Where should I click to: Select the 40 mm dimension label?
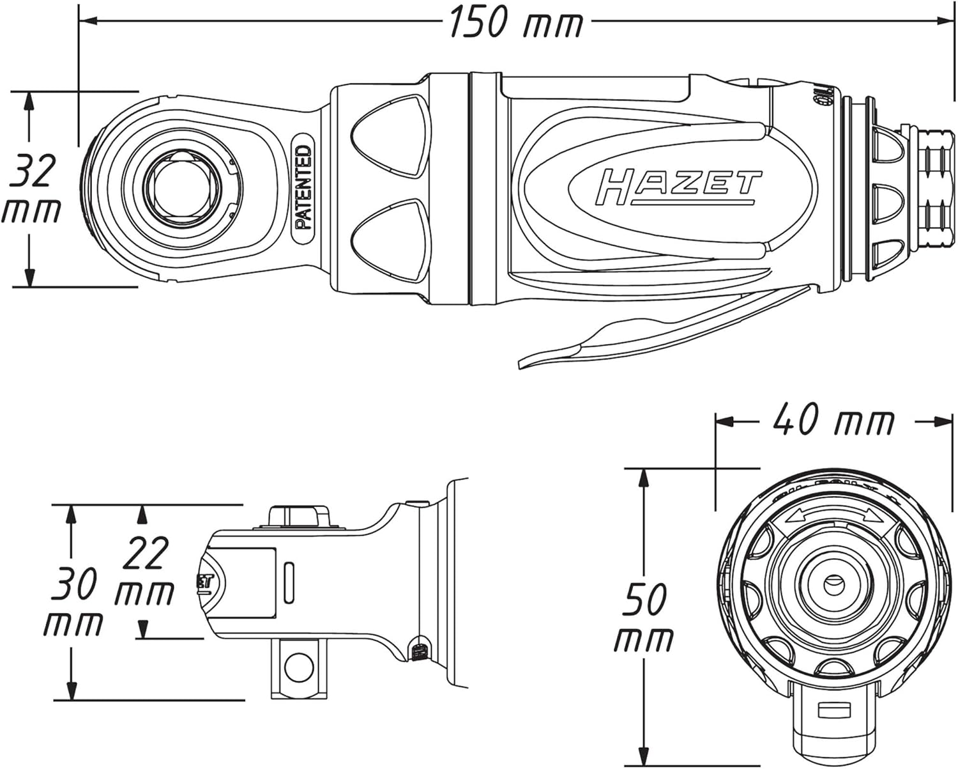coord(833,421)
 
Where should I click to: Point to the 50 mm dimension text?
coord(644,618)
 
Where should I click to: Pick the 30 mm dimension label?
coord(73,603)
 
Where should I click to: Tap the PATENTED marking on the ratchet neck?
coord(304,187)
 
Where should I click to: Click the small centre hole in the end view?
coord(832,582)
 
